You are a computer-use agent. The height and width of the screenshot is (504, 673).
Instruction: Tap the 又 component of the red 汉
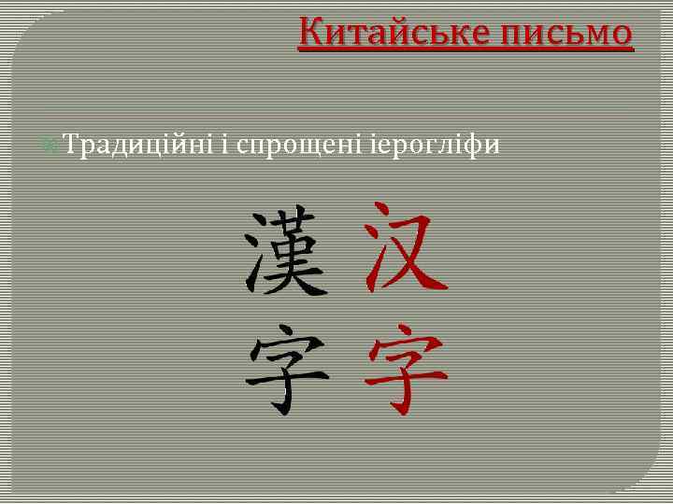pos(418,250)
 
